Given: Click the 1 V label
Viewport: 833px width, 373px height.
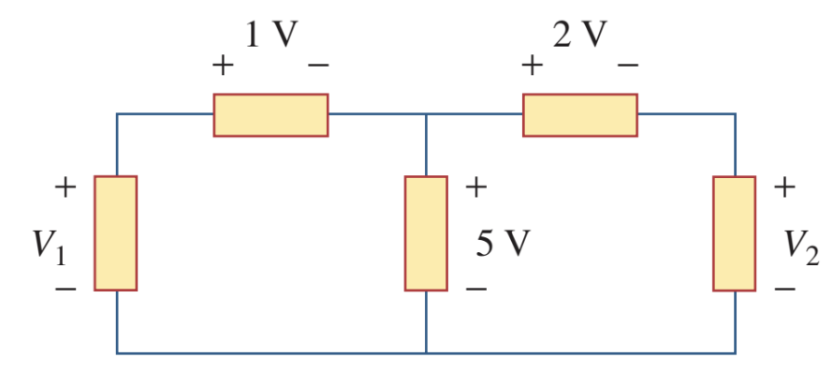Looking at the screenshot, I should coord(270,35).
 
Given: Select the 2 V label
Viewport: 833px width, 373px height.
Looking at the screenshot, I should coord(579,35).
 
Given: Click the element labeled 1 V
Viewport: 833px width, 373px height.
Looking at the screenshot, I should coord(270,114).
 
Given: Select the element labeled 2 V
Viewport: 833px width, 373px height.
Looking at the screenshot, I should coord(580,114).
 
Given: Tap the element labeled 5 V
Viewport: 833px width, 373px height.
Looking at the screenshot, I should coord(426,232).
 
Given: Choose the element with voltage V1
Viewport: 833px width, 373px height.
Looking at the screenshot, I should coord(116,232).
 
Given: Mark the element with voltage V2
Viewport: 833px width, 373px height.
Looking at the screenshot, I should coord(734,232).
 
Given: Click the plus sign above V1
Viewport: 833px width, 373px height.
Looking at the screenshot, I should coord(65,187).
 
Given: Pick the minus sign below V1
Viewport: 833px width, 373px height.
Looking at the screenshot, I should coord(65,290).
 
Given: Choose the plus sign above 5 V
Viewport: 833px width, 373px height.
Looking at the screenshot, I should coord(475,187).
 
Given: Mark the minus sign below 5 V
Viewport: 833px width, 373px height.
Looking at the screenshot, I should coord(475,290).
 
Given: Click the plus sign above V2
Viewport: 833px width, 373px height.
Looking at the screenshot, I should coord(784,187).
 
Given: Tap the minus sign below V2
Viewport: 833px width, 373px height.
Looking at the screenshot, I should coord(784,290).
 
